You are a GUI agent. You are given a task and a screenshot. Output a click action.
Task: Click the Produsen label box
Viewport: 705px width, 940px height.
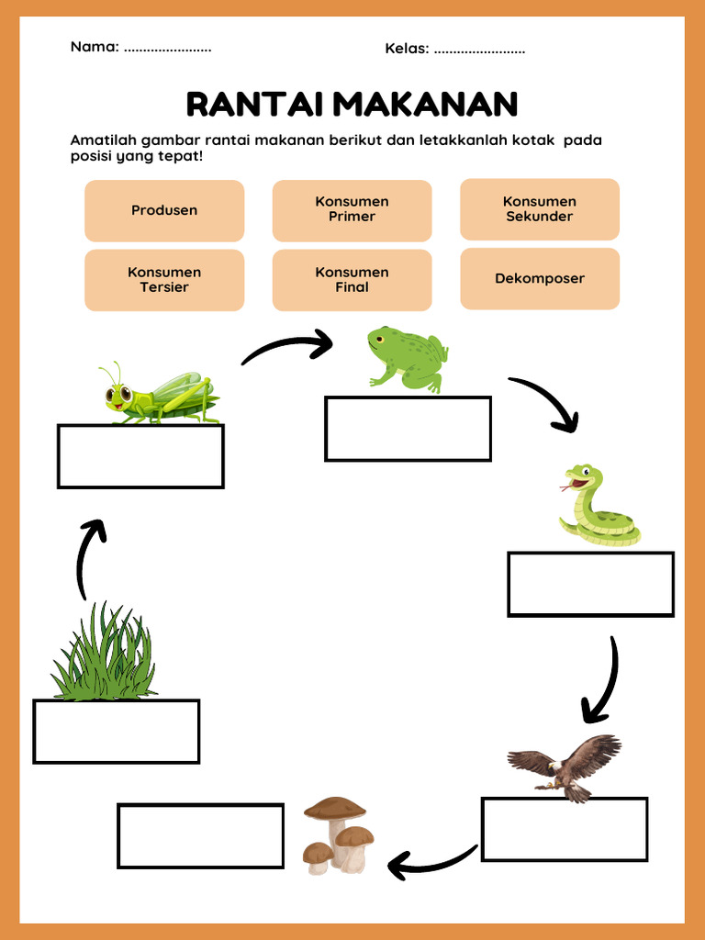(164, 210)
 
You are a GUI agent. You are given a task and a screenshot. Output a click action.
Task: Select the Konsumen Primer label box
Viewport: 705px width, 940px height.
(352, 210)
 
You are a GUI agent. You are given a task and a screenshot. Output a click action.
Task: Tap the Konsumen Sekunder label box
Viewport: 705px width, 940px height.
(540, 209)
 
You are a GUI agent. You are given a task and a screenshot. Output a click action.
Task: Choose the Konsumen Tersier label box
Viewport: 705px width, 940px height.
(164, 280)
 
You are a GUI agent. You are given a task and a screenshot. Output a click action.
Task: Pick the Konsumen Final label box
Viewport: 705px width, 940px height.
(352, 280)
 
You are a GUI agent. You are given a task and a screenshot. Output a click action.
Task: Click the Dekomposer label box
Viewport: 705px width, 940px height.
(540, 279)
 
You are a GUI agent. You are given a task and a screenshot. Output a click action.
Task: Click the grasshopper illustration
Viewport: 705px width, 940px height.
(159, 395)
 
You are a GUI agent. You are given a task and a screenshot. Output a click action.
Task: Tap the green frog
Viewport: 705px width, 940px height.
(408, 358)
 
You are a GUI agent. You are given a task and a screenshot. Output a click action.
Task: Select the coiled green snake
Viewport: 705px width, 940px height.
(598, 507)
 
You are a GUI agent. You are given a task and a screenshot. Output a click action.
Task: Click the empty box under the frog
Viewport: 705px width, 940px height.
(408, 429)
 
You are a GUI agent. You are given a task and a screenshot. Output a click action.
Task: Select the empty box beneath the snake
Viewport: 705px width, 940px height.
(590, 584)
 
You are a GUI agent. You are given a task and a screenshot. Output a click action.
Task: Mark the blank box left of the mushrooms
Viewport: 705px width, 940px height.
(200, 835)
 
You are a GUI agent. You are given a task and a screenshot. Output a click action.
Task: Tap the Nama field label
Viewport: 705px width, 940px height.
(95, 47)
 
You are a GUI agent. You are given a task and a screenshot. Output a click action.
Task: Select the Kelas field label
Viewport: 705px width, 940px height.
(407, 49)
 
